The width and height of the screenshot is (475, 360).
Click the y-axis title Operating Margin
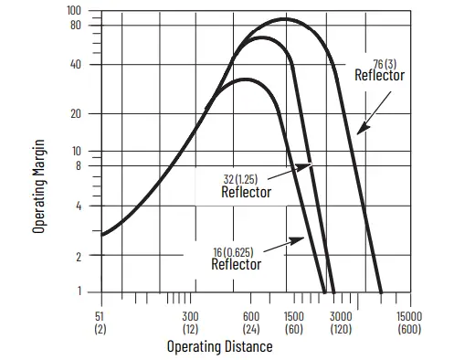pos(39,185)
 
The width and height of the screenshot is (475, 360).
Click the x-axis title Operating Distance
pos(219,346)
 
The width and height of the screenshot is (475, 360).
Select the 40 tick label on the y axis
pos(76,65)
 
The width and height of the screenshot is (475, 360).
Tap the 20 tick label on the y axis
pos(76,114)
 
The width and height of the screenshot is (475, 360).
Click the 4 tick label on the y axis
pos(79,206)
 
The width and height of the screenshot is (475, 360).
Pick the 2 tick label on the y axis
pos(79,257)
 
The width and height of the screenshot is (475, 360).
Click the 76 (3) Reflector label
pos(379,69)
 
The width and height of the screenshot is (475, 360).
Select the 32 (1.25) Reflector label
pos(247,185)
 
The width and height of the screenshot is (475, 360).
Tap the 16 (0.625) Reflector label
pos(237,258)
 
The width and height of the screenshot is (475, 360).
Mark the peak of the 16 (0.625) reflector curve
pos(247,79)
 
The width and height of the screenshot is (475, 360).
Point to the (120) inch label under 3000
pos(340,328)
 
